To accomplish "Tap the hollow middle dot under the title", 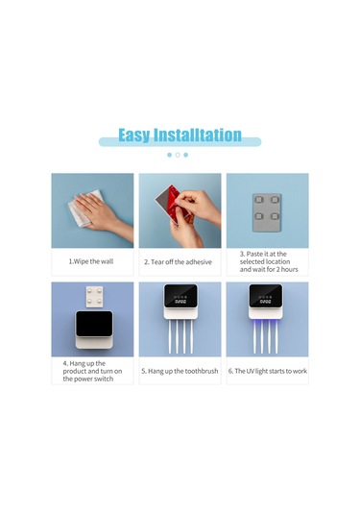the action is pos(178,155).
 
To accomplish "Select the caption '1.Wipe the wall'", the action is pos(91,261).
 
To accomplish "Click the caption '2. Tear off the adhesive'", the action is pos(178,262).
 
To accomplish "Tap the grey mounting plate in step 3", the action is pos(267,212).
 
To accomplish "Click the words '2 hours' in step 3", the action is pos(287,269).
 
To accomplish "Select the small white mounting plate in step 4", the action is pos(94,296).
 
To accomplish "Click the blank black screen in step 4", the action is pos(94,324).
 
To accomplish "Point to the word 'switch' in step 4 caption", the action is pos(104,379).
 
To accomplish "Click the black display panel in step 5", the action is pos(180,296).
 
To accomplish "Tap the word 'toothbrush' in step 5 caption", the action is pos(202,371).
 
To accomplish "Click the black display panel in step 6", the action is pos(266,296).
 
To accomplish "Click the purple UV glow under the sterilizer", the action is pos(266,324).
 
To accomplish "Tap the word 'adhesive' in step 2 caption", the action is pos(199,262).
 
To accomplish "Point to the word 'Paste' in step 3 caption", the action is pos(254,254).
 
